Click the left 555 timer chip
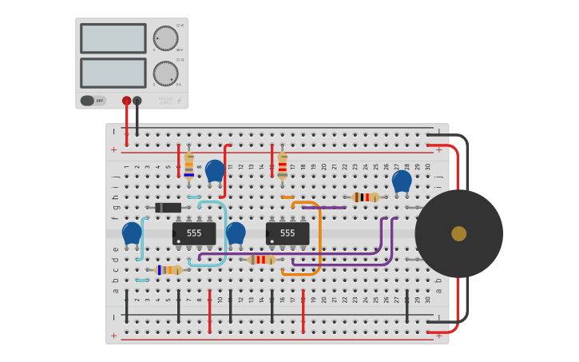[x=194, y=233]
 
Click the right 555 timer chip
[x=288, y=233]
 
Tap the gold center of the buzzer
[x=458, y=233]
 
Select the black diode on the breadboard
[x=168, y=208]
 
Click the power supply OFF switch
[x=93, y=101]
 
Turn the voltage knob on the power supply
[x=165, y=38]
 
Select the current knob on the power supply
[x=165, y=74]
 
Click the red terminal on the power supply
[x=126, y=101]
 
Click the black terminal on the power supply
[x=137, y=101]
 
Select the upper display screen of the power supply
[x=113, y=38]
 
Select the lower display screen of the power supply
[x=113, y=73]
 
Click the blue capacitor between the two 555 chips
[x=236, y=233]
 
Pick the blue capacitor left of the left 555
[x=132, y=233]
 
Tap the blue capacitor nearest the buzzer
[x=402, y=181]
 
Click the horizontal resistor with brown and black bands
[x=365, y=197]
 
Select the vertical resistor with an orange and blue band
[x=188, y=165]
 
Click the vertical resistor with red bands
[x=282, y=165]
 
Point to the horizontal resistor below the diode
[x=169, y=270]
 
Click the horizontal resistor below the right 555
[x=261, y=260]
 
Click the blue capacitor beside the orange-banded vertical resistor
[x=215, y=171]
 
